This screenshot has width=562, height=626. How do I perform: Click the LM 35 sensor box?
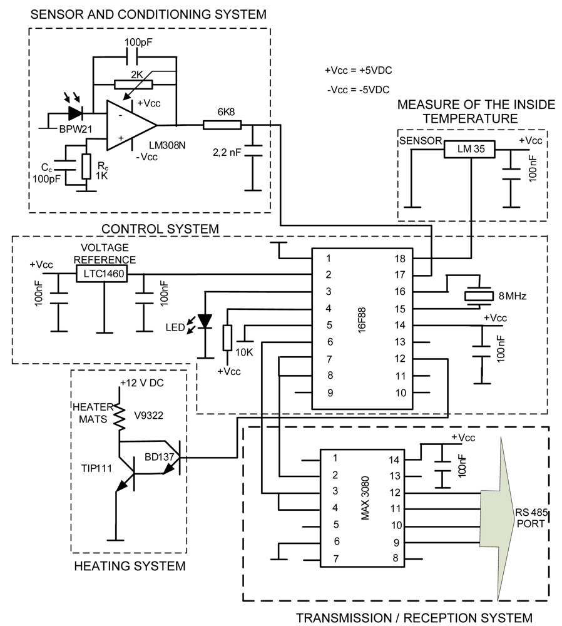(x=469, y=149)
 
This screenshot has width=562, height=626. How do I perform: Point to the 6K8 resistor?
(x=222, y=125)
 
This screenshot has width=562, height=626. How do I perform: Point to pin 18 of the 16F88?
(x=401, y=258)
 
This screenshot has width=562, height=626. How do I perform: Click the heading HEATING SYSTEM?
(x=130, y=567)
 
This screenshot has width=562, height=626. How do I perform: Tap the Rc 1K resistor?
(x=86, y=166)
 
